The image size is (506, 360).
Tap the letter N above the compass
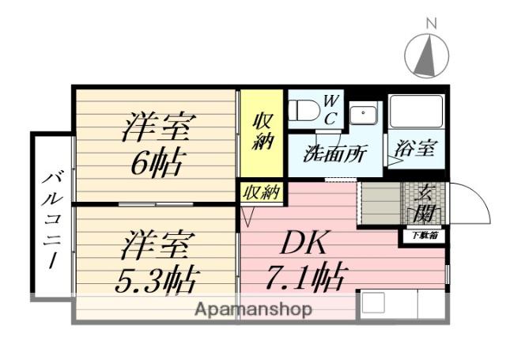pos(432,24)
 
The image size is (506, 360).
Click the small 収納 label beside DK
pos(261,192)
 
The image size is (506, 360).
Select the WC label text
pos(331,109)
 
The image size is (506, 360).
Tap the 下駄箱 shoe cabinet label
pos(422,236)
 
